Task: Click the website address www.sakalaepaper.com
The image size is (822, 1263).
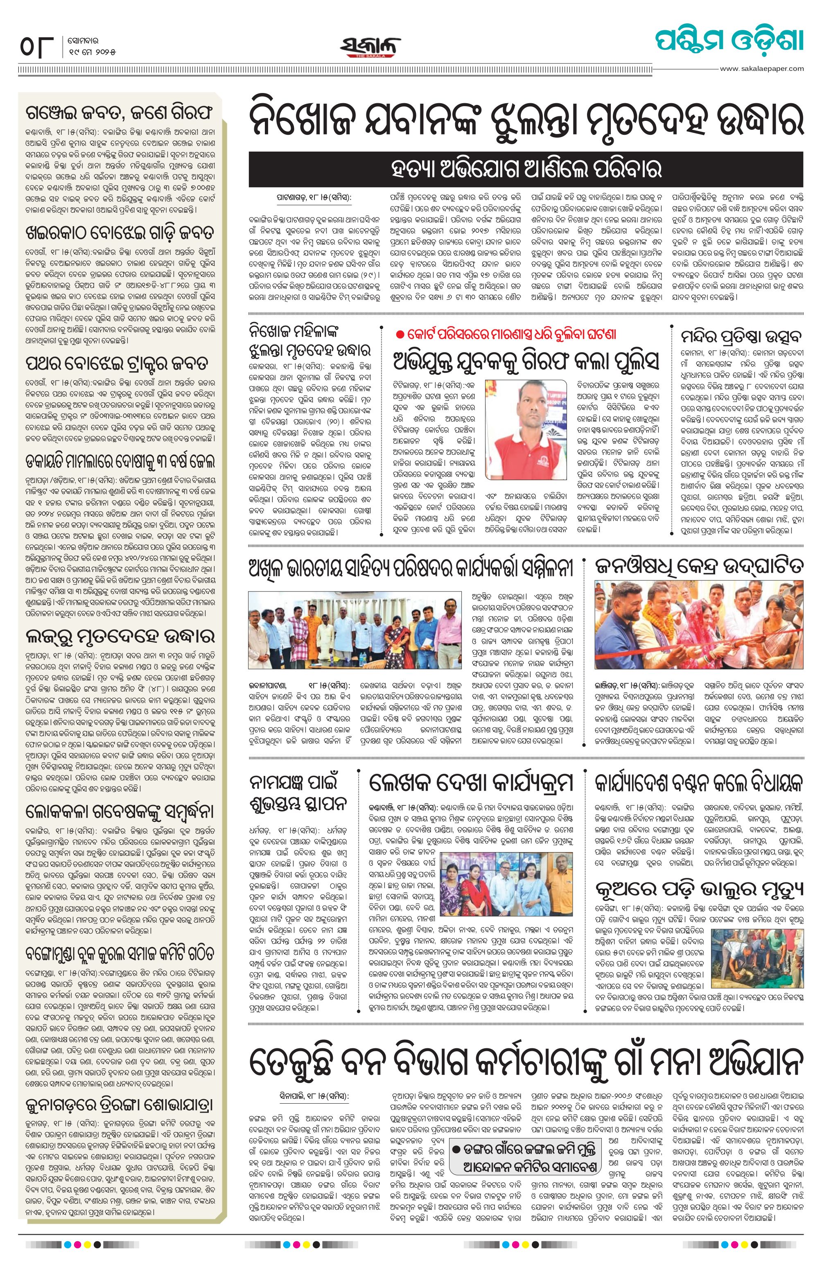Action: point(762,68)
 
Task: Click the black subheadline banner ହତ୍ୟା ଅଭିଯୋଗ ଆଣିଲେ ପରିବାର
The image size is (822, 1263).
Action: point(526,170)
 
